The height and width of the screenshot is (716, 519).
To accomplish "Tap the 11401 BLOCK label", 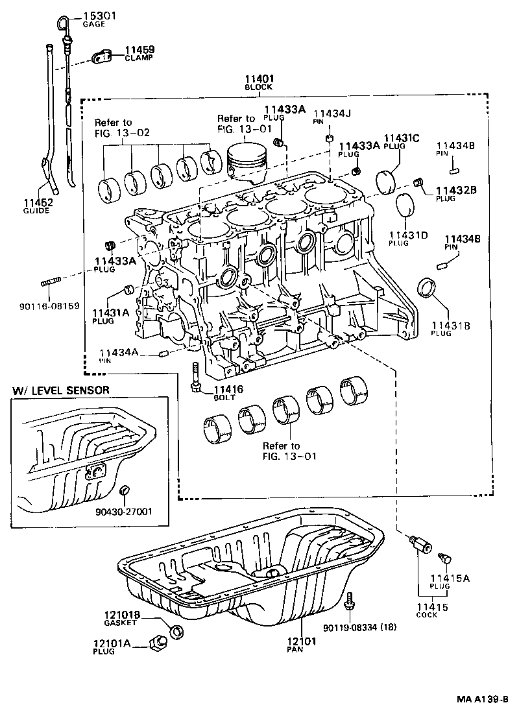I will click(258, 82).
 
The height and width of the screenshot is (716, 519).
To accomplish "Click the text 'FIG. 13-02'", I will click(122, 132).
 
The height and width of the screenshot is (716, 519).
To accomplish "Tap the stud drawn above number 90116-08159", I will click(52, 283).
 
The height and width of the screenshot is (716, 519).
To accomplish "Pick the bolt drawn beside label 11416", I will click(195, 380).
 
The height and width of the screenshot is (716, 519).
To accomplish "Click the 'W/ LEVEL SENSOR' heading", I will click(61, 390).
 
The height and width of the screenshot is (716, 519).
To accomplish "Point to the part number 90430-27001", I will click(123, 511).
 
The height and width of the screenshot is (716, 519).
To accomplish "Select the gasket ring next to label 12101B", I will click(175, 631).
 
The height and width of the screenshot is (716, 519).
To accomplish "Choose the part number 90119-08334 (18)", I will click(359, 627).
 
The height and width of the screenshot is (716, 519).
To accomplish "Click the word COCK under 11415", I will click(426, 615).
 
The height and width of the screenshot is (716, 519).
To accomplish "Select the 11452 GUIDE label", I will click(38, 206).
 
